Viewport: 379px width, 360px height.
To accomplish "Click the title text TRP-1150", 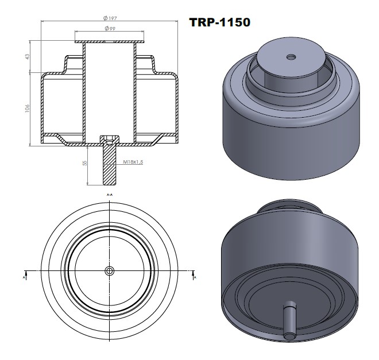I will tap(219, 22).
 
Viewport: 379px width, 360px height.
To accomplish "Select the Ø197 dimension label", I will tap(109, 18).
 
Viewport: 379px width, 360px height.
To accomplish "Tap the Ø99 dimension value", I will tap(109, 28).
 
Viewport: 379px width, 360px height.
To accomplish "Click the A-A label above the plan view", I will tap(109, 196).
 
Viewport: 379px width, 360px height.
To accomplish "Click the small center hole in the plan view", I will tap(109, 271).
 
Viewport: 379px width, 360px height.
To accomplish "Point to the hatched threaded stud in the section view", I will tap(109, 167).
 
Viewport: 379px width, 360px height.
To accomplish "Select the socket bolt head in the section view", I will tap(109, 140).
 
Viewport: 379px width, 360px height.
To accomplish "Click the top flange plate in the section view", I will tap(109, 42).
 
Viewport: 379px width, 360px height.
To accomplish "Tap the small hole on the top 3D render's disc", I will tap(291, 57).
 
